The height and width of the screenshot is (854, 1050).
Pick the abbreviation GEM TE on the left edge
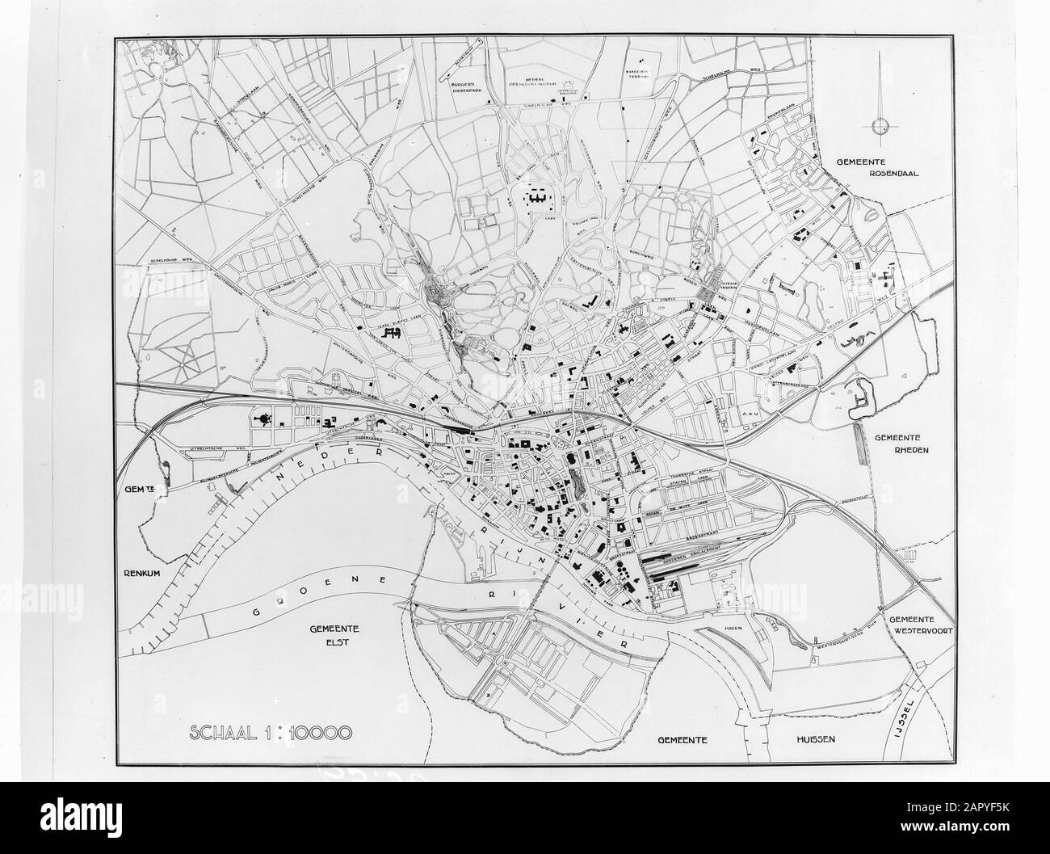point(139,489)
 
